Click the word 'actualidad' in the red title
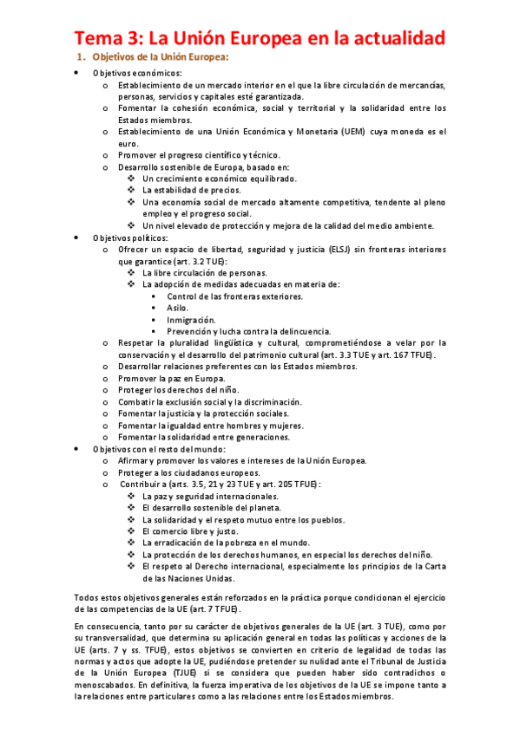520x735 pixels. tap(396, 38)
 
